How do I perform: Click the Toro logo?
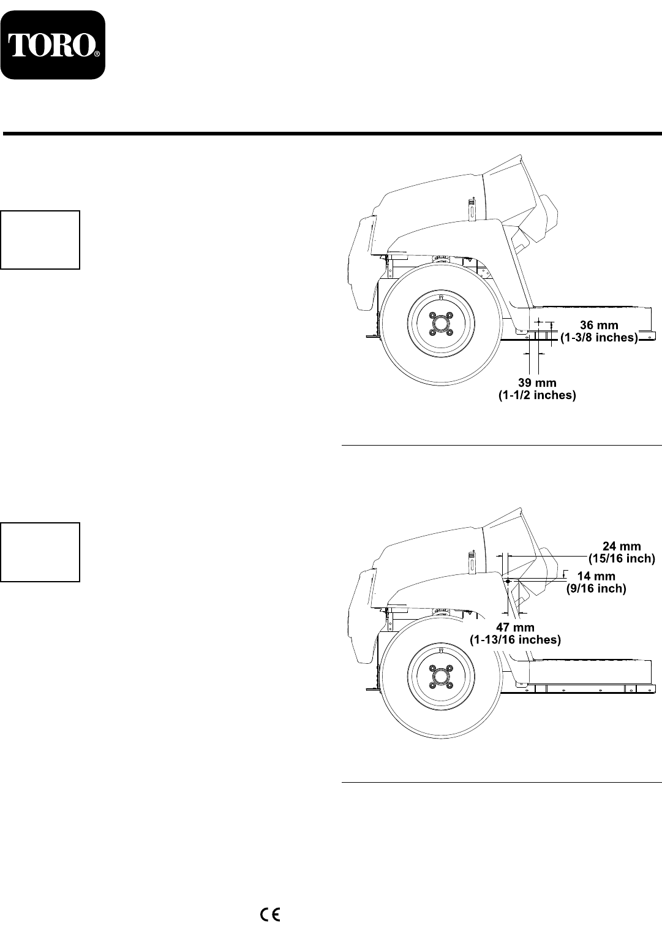pyautogui.click(x=53, y=45)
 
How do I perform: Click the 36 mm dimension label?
pyautogui.click(x=599, y=325)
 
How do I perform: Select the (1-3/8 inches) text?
pyautogui.click(x=599, y=338)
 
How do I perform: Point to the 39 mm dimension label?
pyautogui.click(x=537, y=382)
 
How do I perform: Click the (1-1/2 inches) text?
pyautogui.click(x=537, y=395)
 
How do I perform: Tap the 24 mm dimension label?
pyautogui.click(x=622, y=547)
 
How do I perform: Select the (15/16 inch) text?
pyautogui.click(x=622, y=559)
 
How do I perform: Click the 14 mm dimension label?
pyautogui.click(x=596, y=576)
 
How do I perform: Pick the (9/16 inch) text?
pyautogui.click(x=596, y=588)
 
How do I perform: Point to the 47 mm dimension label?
pyautogui.click(x=515, y=627)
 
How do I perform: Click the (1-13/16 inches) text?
pyautogui.click(x=515, y=640)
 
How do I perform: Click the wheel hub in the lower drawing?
pyautogui.click(x=441, y=677)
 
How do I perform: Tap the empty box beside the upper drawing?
pyautogui.click(x=40, y=240)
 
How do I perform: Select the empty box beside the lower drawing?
pyautogui.click(x=40, y=552)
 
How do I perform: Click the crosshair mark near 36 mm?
pyautogui.click(x=538, y=321)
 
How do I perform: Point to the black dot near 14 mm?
pyautogui.click(x=508, y=581)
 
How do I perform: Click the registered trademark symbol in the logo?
pyautogui.click(x=97, y=54)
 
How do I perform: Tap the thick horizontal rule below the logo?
pyautogui.click(x=332, y=134)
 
